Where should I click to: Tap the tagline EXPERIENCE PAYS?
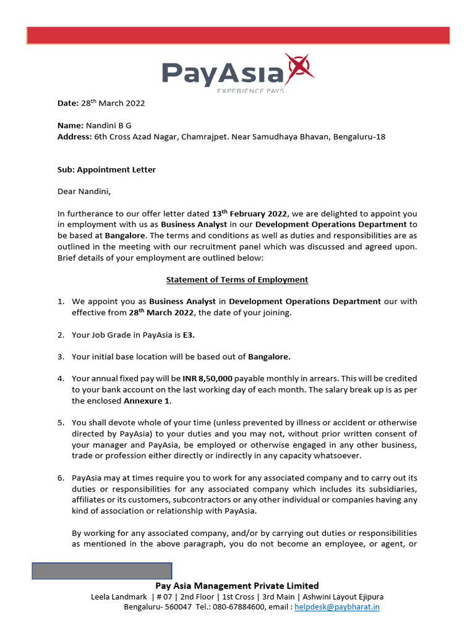tap(250, 91)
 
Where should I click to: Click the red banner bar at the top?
tap(237, 35)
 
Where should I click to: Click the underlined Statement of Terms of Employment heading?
tap(237, 279)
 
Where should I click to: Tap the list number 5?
tap(61, 423)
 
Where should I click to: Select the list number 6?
tap(61, 478)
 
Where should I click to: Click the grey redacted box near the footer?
tap(102, 571)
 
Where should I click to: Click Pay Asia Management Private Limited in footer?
tap(237, 585)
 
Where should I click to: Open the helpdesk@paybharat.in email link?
tap(337, 607)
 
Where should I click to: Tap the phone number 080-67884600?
tap(238, 607)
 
